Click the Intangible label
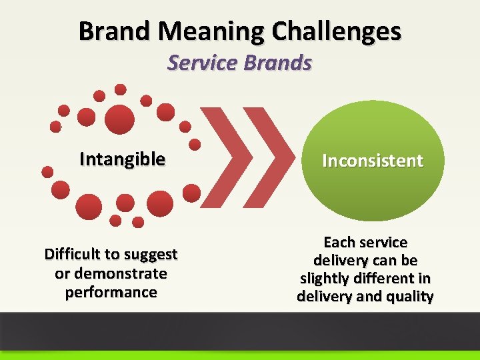(x=122, y=159)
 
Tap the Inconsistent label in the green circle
(x=373, y=161)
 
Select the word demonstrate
(x=121, y=273)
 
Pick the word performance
(x=111, y=292)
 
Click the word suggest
(x=151, y=255)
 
